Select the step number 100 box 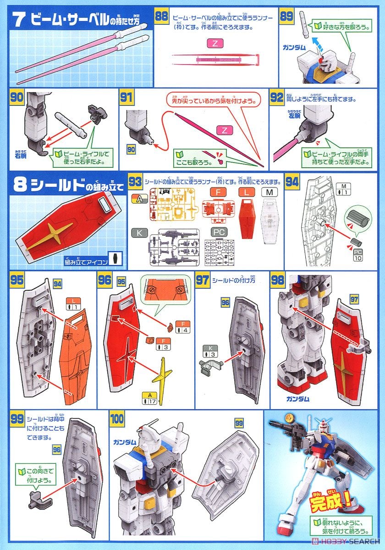[x=117, y=419]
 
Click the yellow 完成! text [x=327, y=504]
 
